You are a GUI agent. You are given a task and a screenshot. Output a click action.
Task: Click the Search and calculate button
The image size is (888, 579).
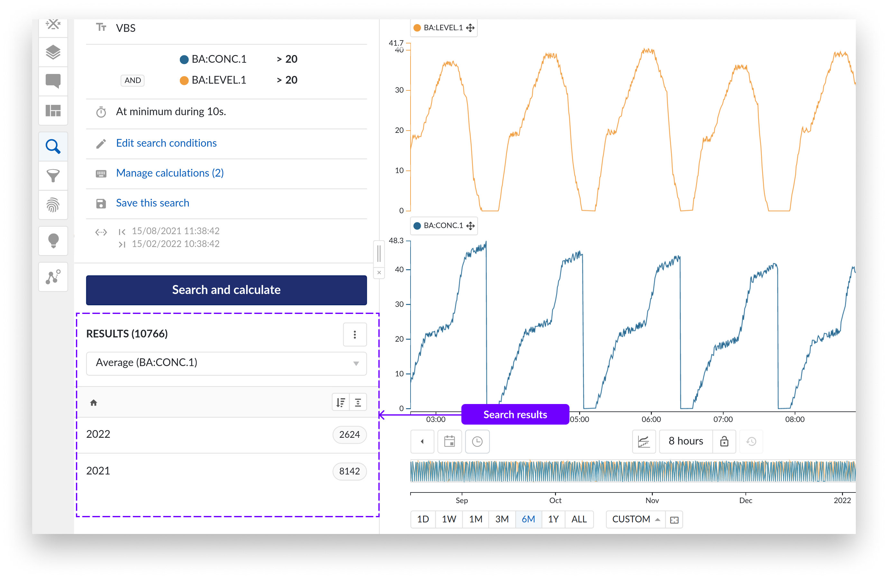[226, 290]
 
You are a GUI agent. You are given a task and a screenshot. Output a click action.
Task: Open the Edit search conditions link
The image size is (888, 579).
[166, 143]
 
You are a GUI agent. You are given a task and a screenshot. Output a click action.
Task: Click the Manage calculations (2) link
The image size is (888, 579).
[170, 173]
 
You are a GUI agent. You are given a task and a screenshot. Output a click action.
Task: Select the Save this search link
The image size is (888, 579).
[152, 203]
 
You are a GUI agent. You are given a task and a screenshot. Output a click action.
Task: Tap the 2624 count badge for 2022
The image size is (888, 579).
[349, 434]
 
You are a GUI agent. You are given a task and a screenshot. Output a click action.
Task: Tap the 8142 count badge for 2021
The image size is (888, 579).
[349, 471]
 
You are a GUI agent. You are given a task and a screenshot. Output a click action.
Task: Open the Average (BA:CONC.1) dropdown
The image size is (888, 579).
[226, 363]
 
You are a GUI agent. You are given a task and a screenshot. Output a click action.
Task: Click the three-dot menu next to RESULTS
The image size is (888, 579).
[355, 334]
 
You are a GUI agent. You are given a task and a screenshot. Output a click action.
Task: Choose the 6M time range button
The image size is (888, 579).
[528, 519]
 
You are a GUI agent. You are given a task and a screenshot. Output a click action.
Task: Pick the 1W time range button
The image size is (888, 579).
[449, 519]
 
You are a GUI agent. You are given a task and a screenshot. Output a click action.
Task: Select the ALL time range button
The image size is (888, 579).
[579, 519]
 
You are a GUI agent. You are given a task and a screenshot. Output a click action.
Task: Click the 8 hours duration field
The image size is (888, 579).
[685, 441]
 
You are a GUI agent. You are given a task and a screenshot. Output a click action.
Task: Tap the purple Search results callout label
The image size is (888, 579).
[515, 415]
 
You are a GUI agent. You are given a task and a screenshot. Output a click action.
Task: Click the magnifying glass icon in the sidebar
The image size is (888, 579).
[53, 147]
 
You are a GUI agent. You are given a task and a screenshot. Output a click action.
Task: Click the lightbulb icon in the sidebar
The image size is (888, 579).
[53, 241]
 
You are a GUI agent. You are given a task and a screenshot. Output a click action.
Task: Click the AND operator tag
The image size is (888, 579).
[133, 80]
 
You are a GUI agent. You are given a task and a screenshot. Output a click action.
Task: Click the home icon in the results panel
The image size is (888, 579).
[94, 402]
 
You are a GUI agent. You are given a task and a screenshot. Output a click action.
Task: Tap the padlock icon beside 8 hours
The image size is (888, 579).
[724, 441]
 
